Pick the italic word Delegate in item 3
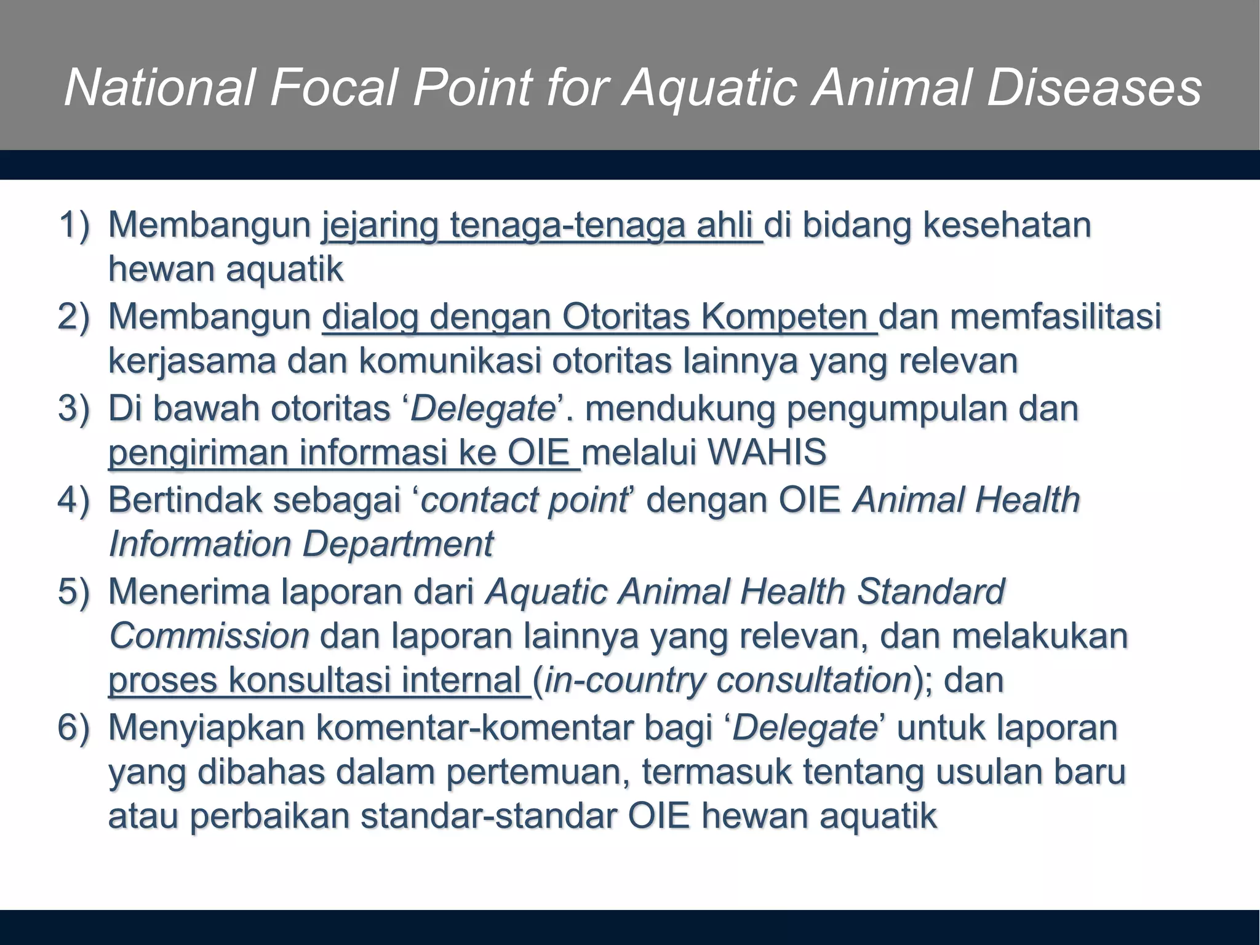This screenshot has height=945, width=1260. tap(484, 409)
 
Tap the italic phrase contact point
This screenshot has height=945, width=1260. tap(524, 500)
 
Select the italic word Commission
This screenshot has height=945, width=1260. tap(209, 636)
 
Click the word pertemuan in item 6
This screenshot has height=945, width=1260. tap(538, 773)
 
